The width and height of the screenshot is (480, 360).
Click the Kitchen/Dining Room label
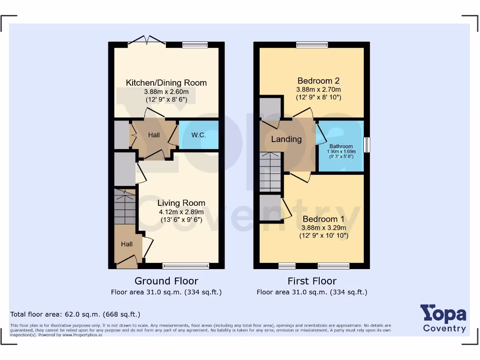166,83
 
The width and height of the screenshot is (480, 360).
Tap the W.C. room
199,135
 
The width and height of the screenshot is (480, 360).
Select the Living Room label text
181,203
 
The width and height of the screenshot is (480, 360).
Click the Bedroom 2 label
318,81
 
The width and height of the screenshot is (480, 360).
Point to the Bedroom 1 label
323,219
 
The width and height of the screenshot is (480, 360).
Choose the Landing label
286,139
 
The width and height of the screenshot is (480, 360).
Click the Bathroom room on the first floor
341,146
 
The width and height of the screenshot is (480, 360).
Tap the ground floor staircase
125,206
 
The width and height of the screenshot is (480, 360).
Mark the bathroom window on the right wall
367,145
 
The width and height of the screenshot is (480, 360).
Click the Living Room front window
186,266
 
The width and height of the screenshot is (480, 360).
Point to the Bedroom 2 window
312,45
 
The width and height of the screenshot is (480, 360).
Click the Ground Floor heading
166,281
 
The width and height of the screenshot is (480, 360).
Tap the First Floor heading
312,281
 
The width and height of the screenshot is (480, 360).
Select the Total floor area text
75,314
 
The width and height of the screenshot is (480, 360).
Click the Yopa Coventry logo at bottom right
443,318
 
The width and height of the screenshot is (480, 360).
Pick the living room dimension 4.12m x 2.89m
180,212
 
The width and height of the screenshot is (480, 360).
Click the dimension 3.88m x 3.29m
323,228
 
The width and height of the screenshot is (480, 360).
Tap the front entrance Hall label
127,244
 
